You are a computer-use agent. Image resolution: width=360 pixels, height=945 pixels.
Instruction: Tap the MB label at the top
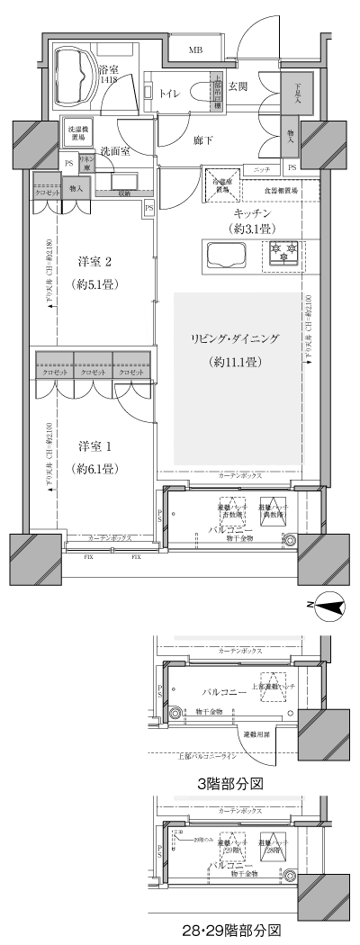195,50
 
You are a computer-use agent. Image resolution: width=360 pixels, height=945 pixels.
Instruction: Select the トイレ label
169,92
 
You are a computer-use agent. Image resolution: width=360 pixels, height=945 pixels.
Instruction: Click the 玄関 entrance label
238,86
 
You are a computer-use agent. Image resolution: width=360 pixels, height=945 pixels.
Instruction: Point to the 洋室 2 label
94,262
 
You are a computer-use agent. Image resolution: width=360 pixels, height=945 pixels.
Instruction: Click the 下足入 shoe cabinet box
298,93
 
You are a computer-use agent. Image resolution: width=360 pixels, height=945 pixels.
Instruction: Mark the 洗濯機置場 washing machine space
77,132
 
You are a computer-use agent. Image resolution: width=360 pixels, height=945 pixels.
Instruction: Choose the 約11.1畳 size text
235,362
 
